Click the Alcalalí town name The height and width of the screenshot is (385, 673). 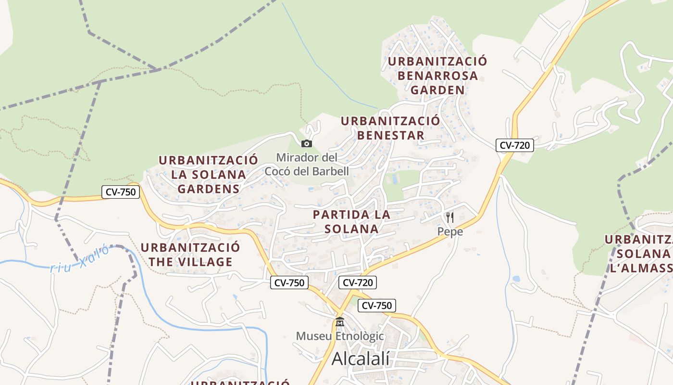click(x=361, y=359)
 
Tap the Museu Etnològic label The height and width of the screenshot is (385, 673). click(x=340, y=336)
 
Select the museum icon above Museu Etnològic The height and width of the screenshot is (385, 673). click(x=340, y=321)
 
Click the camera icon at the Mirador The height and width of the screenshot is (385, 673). click(x=306, y=143)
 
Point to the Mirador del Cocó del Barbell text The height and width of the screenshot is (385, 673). click(x=307, y=164)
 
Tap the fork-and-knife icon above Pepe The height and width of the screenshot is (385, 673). click(x=450, y=218)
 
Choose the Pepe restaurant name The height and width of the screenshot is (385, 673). click(x=450, y=231)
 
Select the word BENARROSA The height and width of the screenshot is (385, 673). click(x=437, y=76)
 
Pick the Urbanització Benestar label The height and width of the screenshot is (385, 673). click(x=390, y=128)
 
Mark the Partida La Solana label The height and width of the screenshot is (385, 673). click(x=351, y=221)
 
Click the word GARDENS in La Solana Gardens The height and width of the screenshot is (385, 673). click(x=208, y=189)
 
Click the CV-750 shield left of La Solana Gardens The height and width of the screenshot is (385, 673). click(x=121, y=192)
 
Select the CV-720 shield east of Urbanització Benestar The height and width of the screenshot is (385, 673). click(x=515, y=145)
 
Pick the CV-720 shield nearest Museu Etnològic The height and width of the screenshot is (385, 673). click(x=357, y=282)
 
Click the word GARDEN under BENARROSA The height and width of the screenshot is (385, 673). click(x=437, y=90)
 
